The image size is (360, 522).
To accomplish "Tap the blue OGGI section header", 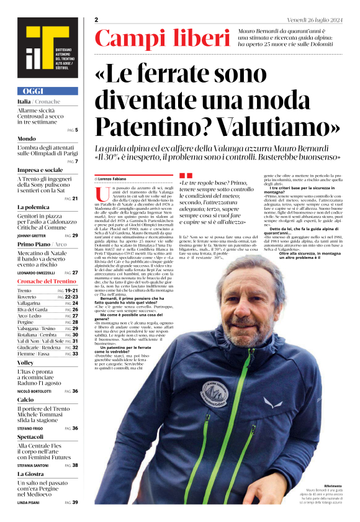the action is point(48,91).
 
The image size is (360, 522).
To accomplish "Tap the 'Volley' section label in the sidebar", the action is point(25,362).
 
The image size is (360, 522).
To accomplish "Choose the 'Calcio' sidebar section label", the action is point(26,400).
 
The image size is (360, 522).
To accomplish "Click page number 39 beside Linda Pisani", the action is point(75,502).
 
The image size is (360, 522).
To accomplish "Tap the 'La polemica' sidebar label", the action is point(34,207).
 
